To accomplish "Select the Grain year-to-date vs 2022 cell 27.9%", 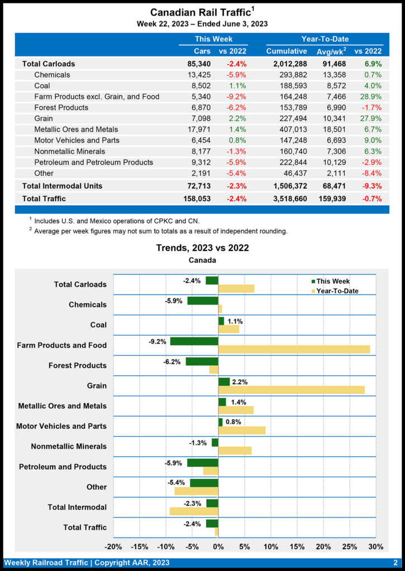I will [x=372, y=118].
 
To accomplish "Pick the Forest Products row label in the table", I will [x=61, y=108].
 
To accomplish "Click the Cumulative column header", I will [x=286, y=51].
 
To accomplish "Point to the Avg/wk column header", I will [x=331, y=51].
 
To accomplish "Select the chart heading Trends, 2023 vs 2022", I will [x=202, y=248].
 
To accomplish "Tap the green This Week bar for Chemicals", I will [x=202, y=301].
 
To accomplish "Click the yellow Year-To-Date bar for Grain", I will [x=291, y=390].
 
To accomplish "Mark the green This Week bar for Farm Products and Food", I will [x=194, y=341].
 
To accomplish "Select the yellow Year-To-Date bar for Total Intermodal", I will [x=194, y=511].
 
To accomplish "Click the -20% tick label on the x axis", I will [x=113, y=546].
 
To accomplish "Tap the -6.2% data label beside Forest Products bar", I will [x=173, y=361].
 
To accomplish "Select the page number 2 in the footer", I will [x=396, y=563].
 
